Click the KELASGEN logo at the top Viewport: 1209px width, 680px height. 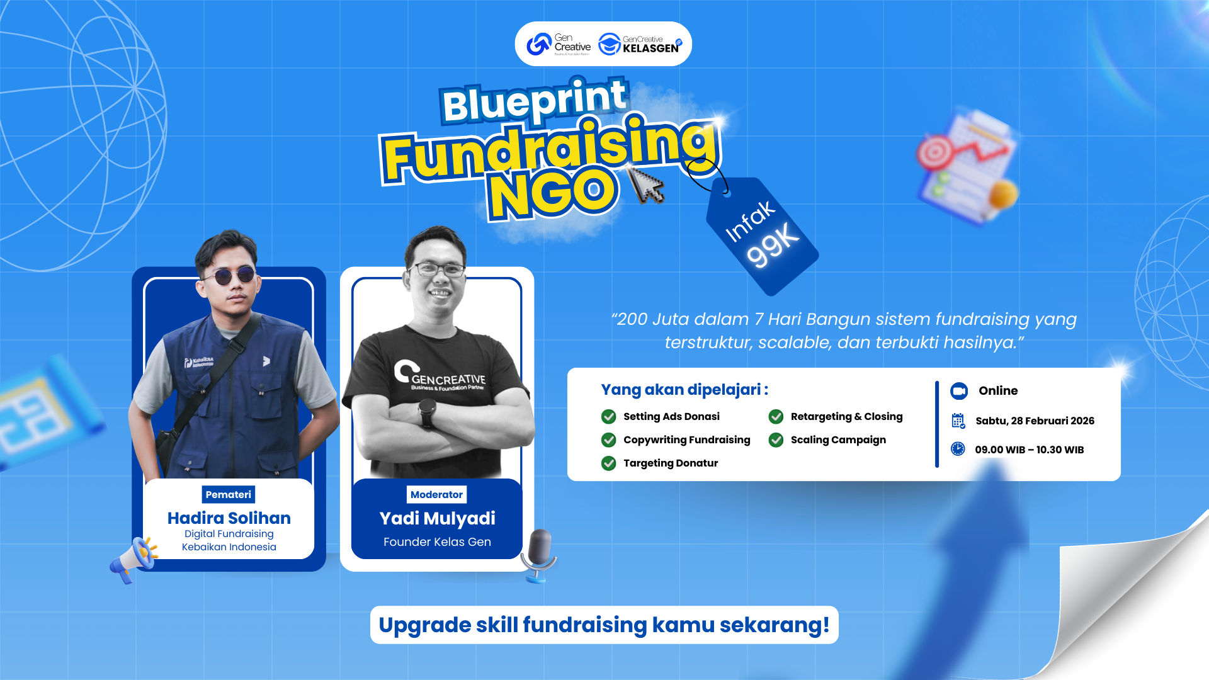tap(640, 44)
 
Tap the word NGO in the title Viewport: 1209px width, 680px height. tap(553, 193)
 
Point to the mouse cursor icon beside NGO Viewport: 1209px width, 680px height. tap(646, 185)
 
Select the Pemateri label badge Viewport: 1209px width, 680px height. tap(229, 495)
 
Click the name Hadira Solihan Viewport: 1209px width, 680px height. tap(229, 518)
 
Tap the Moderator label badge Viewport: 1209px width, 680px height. tap(436, 495)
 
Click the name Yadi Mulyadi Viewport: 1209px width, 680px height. tap(437, 519)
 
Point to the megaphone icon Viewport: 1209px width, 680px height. tap(134, 558)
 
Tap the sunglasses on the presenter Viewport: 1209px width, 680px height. tap(228, 276)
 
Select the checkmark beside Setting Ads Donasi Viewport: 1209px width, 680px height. tap(609, 417)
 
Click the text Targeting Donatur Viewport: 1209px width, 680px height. tap(671, 463)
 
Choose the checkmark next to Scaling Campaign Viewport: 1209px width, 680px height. tap(776, 440)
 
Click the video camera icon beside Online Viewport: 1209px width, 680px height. tap(959, 391)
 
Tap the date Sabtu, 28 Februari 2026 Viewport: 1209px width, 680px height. tap(1035, 421)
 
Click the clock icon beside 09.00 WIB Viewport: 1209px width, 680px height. tap(958, 449)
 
